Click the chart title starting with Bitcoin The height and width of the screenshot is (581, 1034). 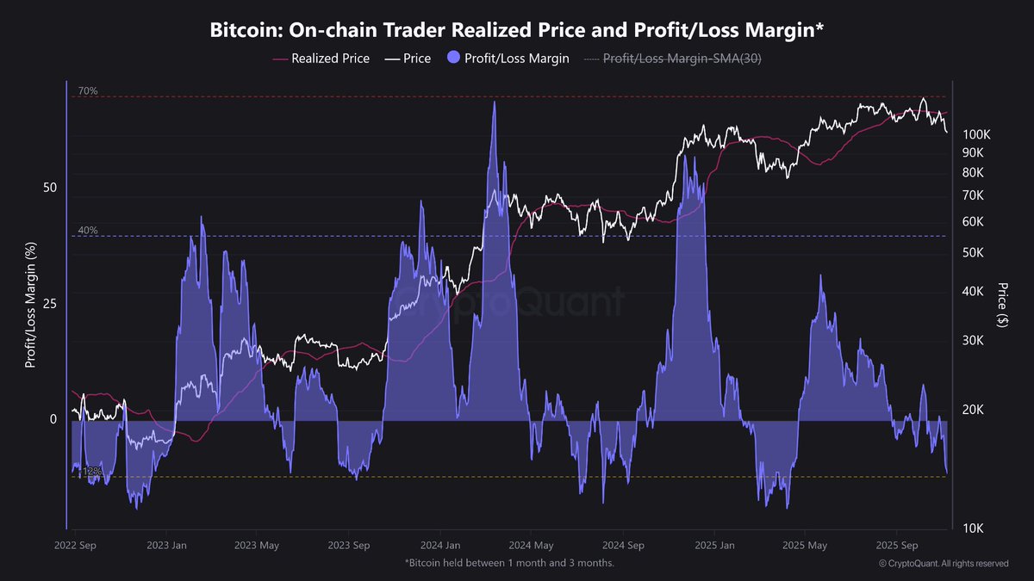coord(517,30)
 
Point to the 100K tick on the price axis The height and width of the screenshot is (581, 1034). coord(977,135)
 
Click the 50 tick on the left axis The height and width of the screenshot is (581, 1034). coord(50,188)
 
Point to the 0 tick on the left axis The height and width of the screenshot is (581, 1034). coord(53,419)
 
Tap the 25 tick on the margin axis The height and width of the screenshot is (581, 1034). coord(50,303)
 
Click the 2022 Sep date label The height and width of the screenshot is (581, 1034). coord(74,546)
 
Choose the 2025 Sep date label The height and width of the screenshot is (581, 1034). coord(897,546)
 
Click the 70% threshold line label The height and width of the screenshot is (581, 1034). coord(87,90)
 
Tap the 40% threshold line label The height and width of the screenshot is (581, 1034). coord(87,231)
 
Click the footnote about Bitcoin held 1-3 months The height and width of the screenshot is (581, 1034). coord(509,563)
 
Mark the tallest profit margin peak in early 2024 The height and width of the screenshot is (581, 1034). coord(494,102)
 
